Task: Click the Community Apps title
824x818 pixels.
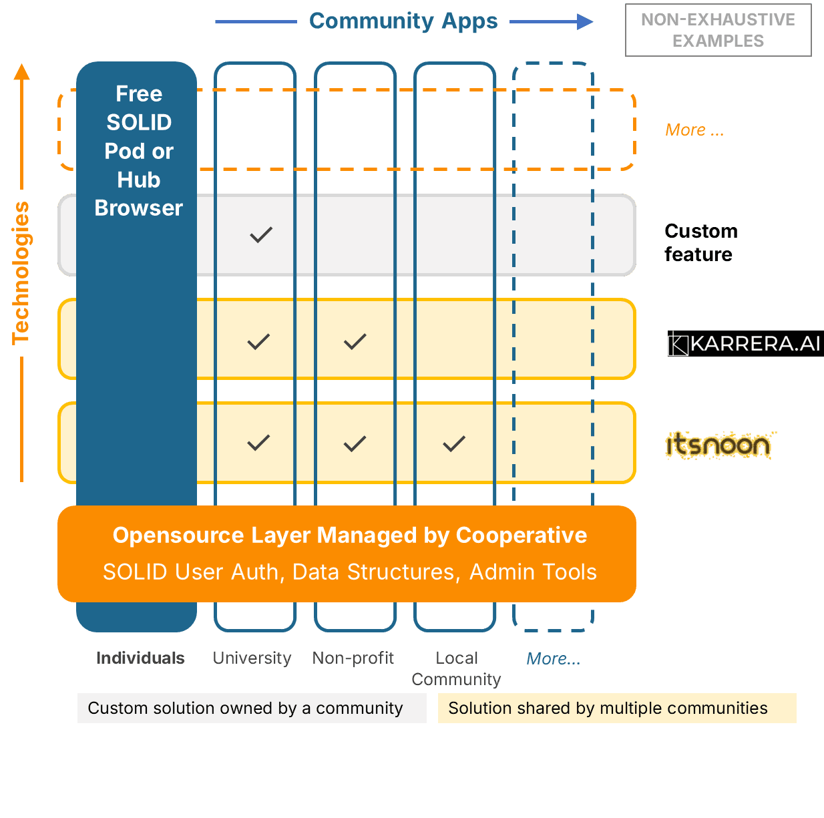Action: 403,21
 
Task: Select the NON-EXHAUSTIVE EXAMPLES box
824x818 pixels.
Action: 718,30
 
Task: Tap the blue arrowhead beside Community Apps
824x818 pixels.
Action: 584,22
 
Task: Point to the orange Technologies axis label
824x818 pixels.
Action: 21,273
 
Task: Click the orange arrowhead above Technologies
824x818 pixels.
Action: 22,72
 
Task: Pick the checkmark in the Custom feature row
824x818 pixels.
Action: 261,235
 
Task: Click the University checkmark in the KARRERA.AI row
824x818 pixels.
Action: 258,341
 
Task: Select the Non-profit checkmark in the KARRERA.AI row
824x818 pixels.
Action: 355,341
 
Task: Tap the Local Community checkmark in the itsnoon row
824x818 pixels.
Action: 454,443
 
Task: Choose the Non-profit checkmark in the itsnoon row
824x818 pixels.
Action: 355,443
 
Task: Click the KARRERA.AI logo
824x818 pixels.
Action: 745,343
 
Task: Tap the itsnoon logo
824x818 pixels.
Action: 720,445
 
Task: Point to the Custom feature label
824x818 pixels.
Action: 701,242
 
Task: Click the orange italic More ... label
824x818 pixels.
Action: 694,130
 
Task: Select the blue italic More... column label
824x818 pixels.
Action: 554,659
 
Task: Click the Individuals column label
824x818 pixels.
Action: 140,658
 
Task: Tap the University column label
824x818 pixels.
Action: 252,658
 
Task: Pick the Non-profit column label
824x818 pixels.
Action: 353,658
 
